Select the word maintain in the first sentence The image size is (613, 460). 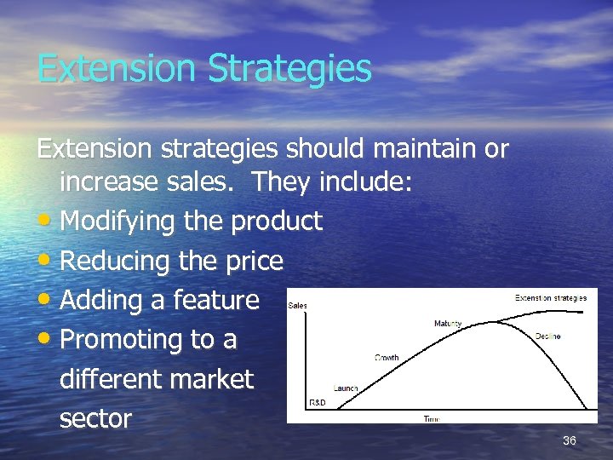point(419,149)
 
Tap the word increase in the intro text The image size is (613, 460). point(108,181)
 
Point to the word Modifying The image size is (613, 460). point(119,221)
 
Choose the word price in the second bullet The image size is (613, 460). point(248,261)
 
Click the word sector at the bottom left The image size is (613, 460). point(95,418)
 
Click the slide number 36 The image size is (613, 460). point(570,440)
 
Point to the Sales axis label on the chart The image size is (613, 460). point(298,304)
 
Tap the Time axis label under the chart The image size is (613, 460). point(433,419)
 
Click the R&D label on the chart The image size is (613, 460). point(316,402)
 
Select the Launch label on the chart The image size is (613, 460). point(346,388)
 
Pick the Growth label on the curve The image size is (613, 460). point(387,358)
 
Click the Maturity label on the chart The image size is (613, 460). point(448,324)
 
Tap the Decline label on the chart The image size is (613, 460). point(547,336)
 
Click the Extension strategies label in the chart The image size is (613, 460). point(551,298)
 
